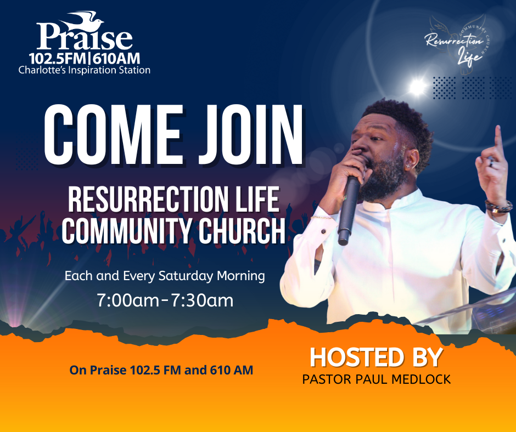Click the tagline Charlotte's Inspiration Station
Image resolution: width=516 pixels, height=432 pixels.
(x=85, y=70)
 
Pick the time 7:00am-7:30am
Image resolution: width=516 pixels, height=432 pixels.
(x=165, y=300)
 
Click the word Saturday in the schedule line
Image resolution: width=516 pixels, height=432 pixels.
(x=184, y=276)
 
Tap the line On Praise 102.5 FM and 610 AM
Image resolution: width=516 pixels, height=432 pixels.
(x=161, y=370)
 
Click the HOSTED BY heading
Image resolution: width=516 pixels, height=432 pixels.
(x=376, y=357)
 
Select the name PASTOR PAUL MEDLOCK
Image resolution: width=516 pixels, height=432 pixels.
(x=377, y=379)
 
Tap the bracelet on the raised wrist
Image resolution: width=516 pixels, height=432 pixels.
(x=498, y=206)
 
